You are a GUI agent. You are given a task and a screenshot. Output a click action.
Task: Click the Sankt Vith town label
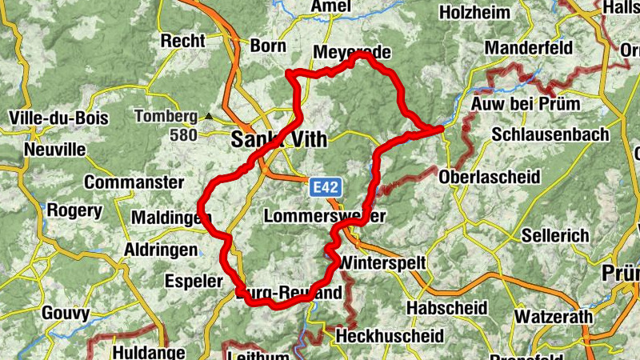coord(278,139)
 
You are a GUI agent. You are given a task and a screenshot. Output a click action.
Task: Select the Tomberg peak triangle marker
coord(209,116)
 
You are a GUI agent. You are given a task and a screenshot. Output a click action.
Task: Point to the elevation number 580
coord(183,135)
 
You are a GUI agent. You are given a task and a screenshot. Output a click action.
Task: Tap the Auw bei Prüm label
coord(526,104)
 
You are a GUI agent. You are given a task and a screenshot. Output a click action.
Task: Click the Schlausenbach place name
coord(550,134)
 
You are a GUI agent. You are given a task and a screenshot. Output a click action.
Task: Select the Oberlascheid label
coord(490,176)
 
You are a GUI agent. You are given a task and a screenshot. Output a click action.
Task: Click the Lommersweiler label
coord(325,217)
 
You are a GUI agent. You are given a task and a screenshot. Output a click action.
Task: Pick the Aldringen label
coord(160,250)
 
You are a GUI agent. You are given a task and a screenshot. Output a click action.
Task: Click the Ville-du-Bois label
coord(58,118)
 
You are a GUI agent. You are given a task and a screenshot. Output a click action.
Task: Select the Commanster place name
coord(134,182)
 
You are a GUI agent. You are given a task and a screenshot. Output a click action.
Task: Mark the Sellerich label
coord(555,236)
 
